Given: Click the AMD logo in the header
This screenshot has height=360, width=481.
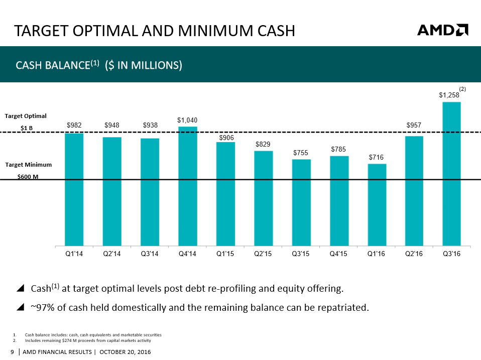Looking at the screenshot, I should point(442,30).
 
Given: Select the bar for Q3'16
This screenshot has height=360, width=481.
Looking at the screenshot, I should point(451,174).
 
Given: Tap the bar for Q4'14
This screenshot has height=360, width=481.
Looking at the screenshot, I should point(188,186).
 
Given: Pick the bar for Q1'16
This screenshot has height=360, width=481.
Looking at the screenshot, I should point(377,204).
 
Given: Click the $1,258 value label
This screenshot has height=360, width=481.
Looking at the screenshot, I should point(449,95).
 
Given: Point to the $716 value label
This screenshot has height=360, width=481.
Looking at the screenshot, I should point(377,158).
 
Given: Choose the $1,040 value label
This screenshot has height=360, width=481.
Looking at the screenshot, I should point(187,120).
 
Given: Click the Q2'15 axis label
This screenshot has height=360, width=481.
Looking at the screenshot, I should point(263,254).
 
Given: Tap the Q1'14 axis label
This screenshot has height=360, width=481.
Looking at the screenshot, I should point(74,254).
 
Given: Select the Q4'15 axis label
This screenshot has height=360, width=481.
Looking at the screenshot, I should point(339,254).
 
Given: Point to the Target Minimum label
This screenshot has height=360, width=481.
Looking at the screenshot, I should point(29,164).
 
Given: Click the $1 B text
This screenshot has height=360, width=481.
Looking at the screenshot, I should point(27,128).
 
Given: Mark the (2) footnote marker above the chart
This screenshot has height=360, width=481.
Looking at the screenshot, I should point(462,89).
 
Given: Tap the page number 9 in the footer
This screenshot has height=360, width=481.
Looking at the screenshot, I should point(13,351).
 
